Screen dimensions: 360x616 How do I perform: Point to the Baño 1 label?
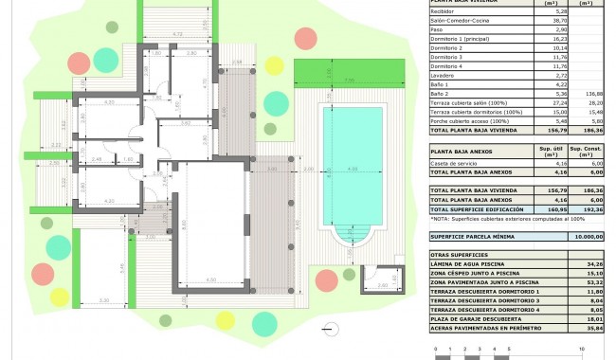[x=441, y=84]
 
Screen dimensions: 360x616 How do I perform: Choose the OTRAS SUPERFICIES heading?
[x=454, y=255]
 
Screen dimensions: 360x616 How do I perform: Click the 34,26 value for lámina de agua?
[x=594, y=264]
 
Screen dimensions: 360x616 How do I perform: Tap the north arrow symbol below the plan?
[x=329, y=328]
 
